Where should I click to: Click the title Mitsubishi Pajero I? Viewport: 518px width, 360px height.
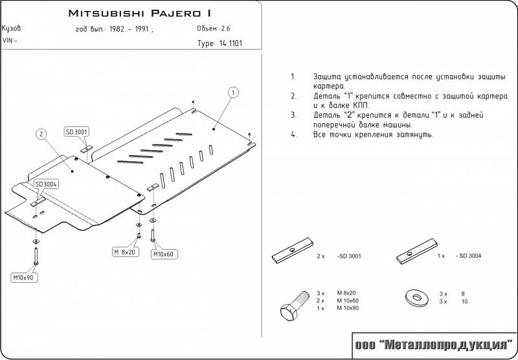[139, 13]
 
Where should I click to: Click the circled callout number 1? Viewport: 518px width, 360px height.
[232, 93]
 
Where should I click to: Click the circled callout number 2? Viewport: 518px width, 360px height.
[41, 134]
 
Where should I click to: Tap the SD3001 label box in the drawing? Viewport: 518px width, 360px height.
[77, 132]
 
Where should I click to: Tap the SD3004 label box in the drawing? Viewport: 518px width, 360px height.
[47, 184]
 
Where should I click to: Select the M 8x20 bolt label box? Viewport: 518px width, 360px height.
[124, 251]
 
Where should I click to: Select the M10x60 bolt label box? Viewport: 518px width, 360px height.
[163, 254]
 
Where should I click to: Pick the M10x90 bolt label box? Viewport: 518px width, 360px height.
[25, 278]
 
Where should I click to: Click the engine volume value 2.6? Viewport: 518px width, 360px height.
[226, 29]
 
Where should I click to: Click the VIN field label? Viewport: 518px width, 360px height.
[10, 40]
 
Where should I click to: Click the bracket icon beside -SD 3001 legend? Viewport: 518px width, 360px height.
[291, 253]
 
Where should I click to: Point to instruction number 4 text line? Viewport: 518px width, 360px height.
[372, 135]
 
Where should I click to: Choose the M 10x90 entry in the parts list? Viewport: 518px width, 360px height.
[347, 308]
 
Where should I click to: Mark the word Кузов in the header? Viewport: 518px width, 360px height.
[12, 29]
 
